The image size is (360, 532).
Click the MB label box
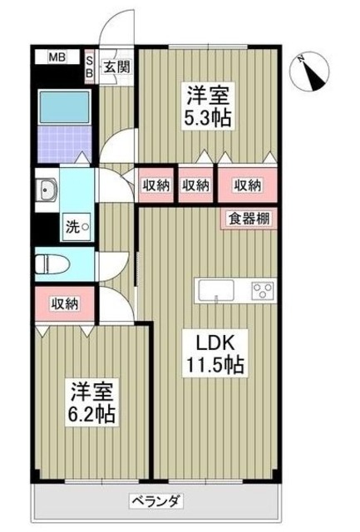[57, 57]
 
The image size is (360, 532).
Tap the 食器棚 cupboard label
[247, 219]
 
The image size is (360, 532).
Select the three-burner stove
[262, 291]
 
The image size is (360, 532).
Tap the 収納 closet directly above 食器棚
[247, 185]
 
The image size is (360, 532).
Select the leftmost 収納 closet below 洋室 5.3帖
[155, 185]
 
